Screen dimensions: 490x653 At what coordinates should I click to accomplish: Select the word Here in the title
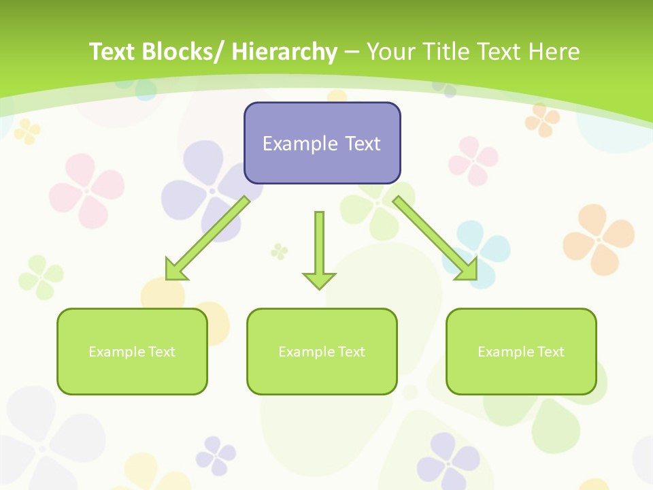(x=555, y=52)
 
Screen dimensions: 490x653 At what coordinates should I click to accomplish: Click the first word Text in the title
(x=113, y=52)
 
